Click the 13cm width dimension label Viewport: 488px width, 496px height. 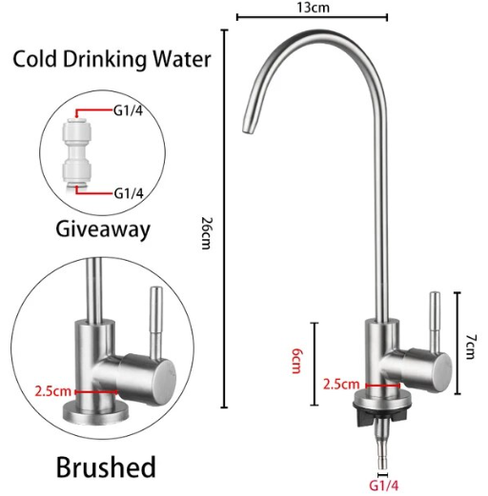(x=314, y=7)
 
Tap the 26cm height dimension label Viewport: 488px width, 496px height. (x=207, y=233)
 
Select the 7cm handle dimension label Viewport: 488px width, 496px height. (x=471, y=347)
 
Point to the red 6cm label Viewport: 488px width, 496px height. (x=296, y=361)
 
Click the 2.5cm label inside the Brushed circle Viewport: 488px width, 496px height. (x=52, y=391)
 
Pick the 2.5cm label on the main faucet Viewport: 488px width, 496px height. (x=341, y=385)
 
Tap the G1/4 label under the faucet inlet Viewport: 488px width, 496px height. (x=383, y=486)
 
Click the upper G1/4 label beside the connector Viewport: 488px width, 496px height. (x=128, y=110)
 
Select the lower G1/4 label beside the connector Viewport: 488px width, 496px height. (x=129, y=193)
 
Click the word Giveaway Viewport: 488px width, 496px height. (x=103, y=229)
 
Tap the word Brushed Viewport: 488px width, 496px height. (x=106, y=466)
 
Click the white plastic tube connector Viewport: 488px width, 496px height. (x=77, y=153)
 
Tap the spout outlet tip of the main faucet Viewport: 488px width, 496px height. (x=248, y=129)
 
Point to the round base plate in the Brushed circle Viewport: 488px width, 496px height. (x=95, y=412)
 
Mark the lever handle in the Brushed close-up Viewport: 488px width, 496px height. (x=156, y=322)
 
